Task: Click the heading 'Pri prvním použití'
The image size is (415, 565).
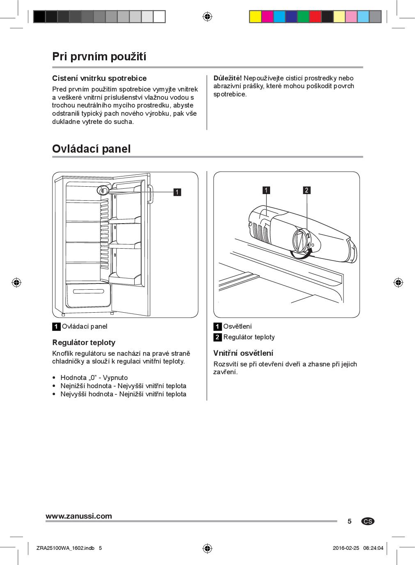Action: tap(99, 56)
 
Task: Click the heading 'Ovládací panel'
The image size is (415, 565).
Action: tap(91, 149)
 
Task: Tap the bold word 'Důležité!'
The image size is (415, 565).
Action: tap(227, 78)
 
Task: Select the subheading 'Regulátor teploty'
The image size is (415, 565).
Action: tap(84, 342)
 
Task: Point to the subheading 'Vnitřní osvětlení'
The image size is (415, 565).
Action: tap(243, 353)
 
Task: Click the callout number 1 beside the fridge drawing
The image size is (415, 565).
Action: tap(177, 192)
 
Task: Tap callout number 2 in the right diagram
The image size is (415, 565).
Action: tap(306, 190)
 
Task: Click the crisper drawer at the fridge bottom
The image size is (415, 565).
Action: tap(88, 295)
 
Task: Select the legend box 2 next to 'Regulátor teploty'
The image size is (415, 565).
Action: tap(218, 337)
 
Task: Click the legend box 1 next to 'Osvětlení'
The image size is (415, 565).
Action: tap(218, 327)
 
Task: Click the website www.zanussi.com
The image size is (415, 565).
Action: tap(78, 516)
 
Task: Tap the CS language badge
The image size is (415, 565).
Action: tap(368, 521)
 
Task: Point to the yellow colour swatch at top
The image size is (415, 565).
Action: tap(255, 16)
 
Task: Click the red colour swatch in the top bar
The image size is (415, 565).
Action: tap(315, 16)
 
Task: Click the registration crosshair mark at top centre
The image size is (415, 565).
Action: tap(207, 16)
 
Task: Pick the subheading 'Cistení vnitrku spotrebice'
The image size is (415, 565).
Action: tap(99, 78)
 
